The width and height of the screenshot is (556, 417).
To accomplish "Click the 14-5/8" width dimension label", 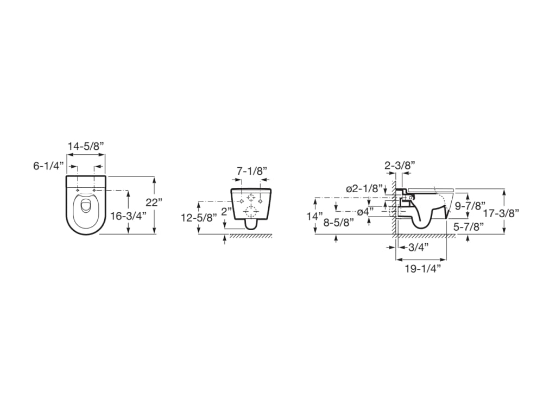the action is click(x=86, y=146).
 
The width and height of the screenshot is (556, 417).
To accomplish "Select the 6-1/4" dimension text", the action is click(x=48, y=166).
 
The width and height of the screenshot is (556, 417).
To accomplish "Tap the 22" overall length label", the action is click(x=154, y=203).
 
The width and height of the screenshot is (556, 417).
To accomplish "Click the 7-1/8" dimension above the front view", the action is click(x=252, y=171).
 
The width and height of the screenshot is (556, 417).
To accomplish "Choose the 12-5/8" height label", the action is click(x=199, y=217).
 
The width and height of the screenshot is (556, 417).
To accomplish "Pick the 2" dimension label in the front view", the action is click(x=226, y=212).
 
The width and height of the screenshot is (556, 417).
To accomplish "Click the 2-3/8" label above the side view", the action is click(x=400, y=165).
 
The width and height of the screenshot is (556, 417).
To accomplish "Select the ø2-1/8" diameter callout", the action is click(x=365, y=188).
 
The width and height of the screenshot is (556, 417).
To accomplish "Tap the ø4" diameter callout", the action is click(x=365, y=212).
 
